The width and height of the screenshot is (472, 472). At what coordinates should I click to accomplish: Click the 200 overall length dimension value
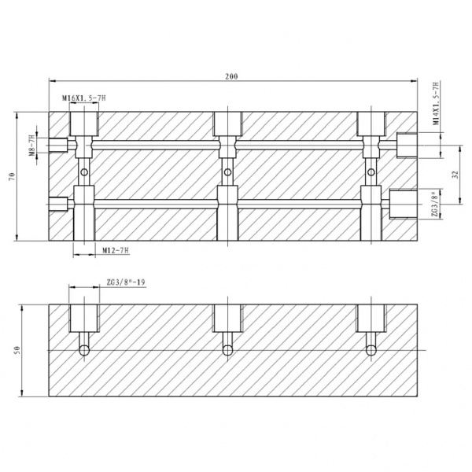pos(231,76)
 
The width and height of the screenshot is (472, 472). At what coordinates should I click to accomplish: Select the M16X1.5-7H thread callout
pos(84,98)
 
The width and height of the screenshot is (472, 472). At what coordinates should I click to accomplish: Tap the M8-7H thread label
pos(32,146)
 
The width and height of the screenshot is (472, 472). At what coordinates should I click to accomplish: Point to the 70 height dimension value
pos(12,177)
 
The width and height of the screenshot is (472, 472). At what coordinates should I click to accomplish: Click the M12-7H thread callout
pos(116,250)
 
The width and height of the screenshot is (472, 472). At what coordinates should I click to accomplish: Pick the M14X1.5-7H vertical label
pos(436,103)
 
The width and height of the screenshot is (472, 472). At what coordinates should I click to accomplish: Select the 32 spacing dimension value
pos(455,175)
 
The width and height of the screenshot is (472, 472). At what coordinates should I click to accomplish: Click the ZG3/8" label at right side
pos(434,204)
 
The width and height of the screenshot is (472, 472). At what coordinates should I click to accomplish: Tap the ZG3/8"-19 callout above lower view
pos(126,282)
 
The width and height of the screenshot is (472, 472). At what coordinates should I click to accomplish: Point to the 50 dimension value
pos(17,350)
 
